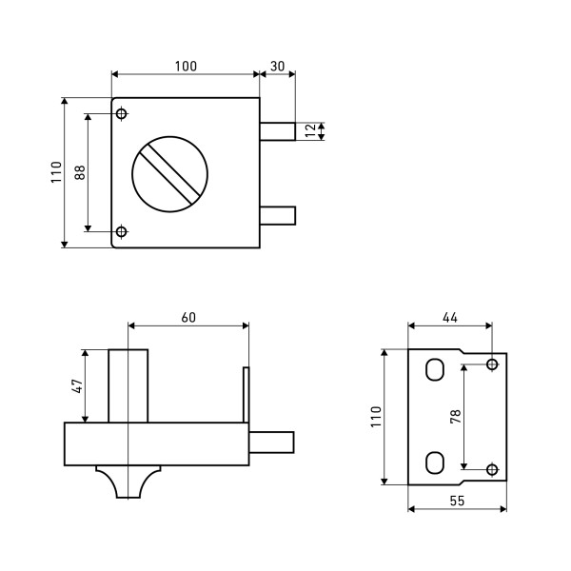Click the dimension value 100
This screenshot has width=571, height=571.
(x=186, y=67)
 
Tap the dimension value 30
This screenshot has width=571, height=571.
(x=278, y=67)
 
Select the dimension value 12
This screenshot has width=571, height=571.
(x=311, y=130)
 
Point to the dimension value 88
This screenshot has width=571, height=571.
(x=80, y=172)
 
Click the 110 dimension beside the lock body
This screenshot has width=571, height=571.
(x=56, y=172)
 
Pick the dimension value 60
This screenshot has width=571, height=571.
(x=188, y=318)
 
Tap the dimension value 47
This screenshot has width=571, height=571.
(x=78, y=386)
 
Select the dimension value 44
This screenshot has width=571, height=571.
(x=450, y=318)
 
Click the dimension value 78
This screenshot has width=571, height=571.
(x=456, y=416)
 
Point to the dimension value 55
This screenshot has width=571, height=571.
(x=458, y=502)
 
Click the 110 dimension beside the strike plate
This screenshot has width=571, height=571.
(x=376, y=417)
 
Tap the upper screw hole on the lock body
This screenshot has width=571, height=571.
(x=121, y=113)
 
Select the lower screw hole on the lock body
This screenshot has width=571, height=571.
(x=121, y=231)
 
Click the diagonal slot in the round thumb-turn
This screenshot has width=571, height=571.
(x=170, y=174)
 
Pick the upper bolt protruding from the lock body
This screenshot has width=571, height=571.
(x=278, y=131)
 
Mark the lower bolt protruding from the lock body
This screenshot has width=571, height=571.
(x=278, y=216)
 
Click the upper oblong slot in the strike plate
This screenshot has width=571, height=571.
(x=435, y=369)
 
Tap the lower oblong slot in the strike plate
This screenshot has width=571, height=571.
(x=435, y=463)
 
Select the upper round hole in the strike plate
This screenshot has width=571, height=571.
(x=492, y=364)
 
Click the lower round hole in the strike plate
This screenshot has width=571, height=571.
(x=492, y=469)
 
